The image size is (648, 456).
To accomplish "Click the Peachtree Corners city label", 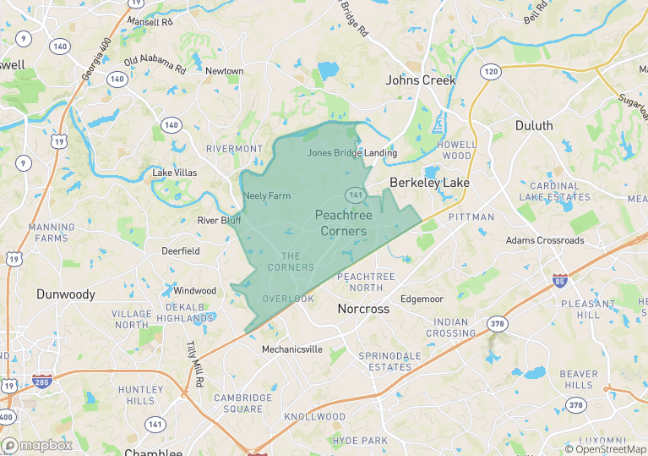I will tap(342, 223).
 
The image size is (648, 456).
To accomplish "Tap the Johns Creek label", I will tap(421, 80).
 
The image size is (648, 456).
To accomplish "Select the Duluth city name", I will tap(534, 126).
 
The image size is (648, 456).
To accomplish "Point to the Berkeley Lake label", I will tap(429, 182).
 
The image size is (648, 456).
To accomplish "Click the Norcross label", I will tap(363, 309).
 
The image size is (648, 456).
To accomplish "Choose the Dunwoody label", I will tap(66, 294).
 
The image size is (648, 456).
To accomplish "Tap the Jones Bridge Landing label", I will tap(352, 153).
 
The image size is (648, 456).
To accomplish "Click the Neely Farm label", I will tap(267, 196).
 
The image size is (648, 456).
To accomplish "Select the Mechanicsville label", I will tap(291, 349).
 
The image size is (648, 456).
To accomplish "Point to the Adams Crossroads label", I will tap(545, 240).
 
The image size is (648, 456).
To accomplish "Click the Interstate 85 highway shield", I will tap(559, 278).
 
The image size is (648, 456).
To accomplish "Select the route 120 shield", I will tap(491, 72).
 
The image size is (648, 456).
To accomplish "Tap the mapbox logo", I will tap(37, 445).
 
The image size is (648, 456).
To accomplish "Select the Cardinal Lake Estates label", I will tap(555, 191).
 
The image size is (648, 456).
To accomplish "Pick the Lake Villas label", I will tap(175, 173).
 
